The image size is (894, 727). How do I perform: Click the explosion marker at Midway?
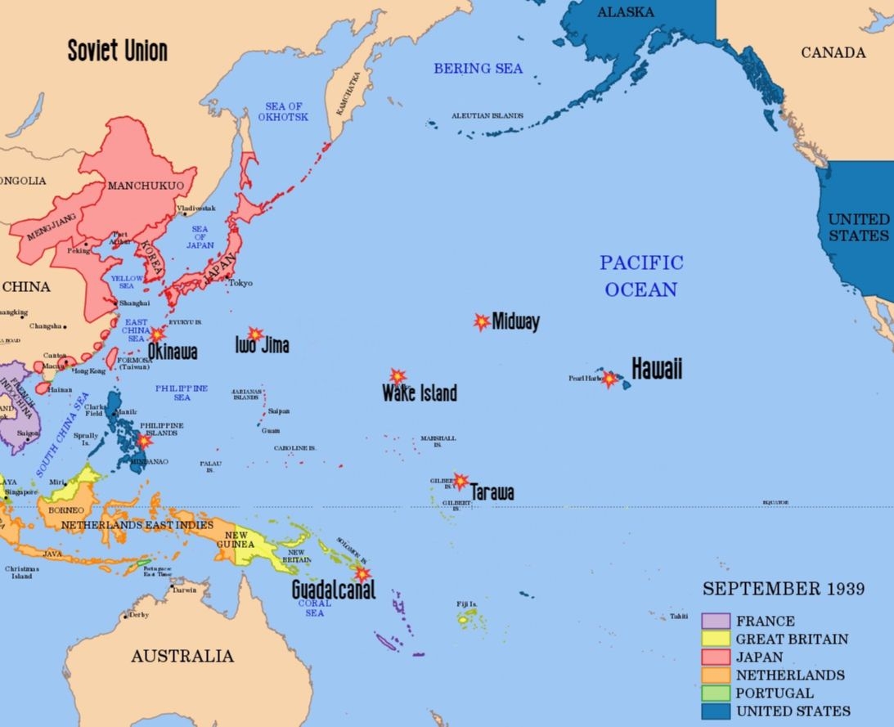482,321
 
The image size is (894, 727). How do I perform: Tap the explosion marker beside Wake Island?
398,376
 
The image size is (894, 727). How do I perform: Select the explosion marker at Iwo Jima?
255,334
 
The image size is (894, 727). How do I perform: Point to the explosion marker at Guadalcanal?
362,574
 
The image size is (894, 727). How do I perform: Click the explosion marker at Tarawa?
460,481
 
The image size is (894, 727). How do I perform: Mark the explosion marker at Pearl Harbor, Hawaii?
609,379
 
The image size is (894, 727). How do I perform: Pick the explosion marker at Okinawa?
157,334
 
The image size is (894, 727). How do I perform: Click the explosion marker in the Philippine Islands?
144,442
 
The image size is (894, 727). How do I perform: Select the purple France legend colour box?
716,621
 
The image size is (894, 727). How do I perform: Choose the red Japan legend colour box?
716,657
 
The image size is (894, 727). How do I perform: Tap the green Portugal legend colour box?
716,693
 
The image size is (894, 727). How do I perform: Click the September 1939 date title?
783,589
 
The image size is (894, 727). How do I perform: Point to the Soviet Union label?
117,51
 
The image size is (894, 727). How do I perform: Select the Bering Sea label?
478,69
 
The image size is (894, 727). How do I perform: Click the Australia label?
182,656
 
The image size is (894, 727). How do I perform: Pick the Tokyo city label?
240,283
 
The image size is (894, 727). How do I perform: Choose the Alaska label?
626,12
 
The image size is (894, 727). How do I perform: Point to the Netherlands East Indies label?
137,524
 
